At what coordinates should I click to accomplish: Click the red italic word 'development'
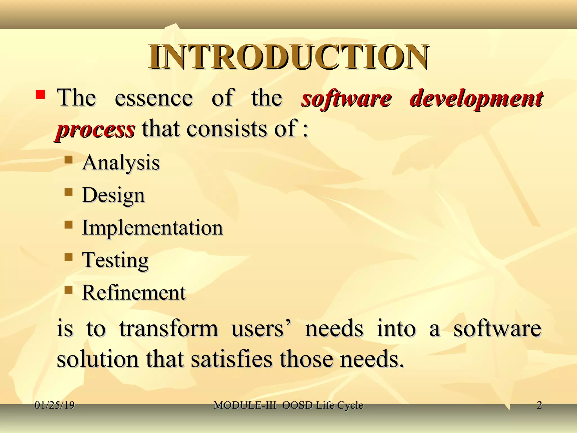coord(476,99)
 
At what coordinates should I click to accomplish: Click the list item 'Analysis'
coord(121,163)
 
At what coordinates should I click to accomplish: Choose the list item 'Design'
coord(113,195)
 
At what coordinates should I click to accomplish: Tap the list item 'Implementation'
coord(152,228)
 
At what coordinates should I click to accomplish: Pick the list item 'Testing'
coord(115,260)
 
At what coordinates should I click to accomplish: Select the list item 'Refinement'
coord(134,293)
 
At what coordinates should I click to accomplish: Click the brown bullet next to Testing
coord(68,257)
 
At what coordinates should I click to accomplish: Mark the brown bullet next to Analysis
coord(68,160)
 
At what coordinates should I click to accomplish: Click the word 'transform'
coord(168,329)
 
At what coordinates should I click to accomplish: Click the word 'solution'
coord(98,359)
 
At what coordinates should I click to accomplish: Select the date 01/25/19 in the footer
coord(55,405)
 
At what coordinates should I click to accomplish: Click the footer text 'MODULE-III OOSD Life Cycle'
coord(288,405)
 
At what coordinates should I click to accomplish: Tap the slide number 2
coord(539,405)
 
